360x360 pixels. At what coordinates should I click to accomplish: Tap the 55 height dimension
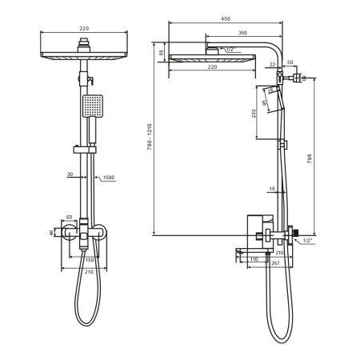click(161, 53)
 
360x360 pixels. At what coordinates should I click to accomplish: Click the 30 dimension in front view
click(70, 174)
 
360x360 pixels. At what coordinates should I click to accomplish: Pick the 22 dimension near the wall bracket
click(272, 64)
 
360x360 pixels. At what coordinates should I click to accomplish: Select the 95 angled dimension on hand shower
click(270, 90)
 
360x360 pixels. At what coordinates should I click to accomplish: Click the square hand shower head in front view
click(92, 106)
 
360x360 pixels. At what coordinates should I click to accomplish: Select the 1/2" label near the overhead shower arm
click(230, 50)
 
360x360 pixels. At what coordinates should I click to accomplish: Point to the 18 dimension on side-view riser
click(271, 190)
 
